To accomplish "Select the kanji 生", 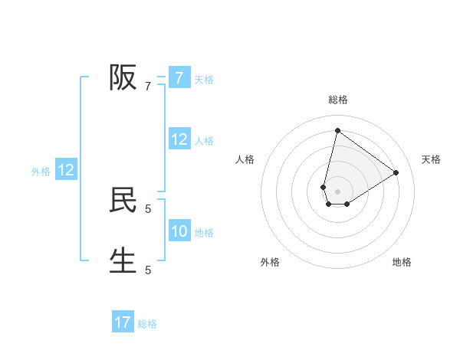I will click(x=123, y=260).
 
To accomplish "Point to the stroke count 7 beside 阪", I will click(x=148, y=87).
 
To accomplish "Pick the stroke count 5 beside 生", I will click(x=148, y=270).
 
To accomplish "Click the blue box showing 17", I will click(x=123, y=322).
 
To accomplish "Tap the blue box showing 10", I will click(x=179, y=231).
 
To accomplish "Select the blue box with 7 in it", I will click(x=179, y=77).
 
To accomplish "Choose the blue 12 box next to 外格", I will click(x=66, y=170).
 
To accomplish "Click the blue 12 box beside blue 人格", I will click(x=179, y=139).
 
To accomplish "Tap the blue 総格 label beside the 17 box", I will click(x=147, y=324).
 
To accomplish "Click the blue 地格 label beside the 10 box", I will click(x=204, y=233).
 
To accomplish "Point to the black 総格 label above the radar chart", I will click(x=337, y=100).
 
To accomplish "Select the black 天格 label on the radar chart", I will click(x=431, y=159).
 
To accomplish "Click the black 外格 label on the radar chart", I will click(x=270, y=262).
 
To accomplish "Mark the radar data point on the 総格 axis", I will click(x=337, y=130).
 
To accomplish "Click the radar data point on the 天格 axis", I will click(x=396, y=172).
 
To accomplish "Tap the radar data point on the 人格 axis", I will click(x=324, y=187).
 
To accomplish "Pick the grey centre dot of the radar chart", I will click(x=337, y=191).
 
